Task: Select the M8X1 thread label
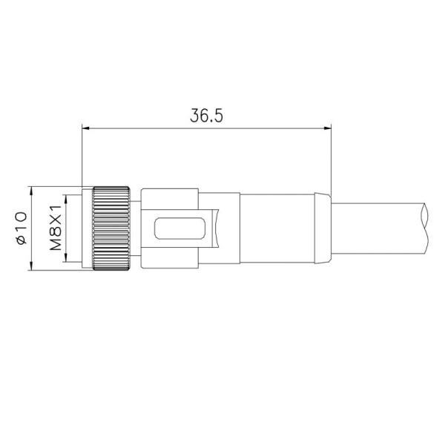(55, 227)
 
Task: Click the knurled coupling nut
(113, 227)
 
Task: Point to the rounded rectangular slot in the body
(179, 228)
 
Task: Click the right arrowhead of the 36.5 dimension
(326, 128)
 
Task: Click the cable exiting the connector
(378, 228)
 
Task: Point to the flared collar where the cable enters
(321, 228)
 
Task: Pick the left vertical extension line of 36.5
(81, 156)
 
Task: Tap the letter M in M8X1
(55, 245)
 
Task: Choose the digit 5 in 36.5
(220, 116)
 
